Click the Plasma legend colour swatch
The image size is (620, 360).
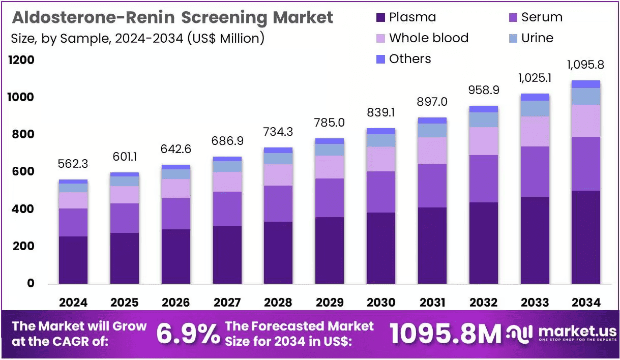(380, 18)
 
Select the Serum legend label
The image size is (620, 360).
(542, 17)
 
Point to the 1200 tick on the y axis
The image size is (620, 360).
(21, 60)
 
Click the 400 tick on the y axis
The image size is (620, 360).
(23, 209)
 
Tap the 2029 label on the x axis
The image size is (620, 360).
(330, 303)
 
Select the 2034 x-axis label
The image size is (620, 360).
(586, 303)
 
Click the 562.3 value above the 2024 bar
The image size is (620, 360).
(73, 164)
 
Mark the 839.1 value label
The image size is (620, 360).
(381, 112)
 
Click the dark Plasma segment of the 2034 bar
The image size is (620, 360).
(586, 237)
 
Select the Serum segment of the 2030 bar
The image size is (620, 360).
(381, 192)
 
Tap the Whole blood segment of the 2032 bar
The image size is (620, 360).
(484, 141)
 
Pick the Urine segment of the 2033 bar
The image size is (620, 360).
(535, 108)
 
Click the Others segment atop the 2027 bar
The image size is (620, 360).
(227, 159)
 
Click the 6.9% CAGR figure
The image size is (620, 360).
(188, 334)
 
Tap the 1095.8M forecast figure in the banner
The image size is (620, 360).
(446, 334)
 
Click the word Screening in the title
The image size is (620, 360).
(224, 18)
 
